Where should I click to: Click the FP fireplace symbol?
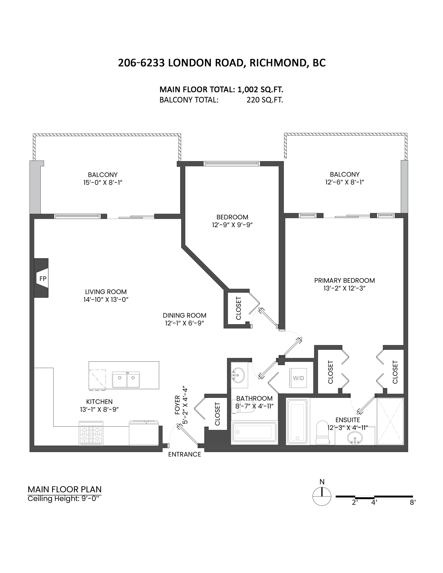(42, 278)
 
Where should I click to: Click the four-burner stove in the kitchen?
(91, 433)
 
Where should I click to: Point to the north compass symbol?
(322, 496)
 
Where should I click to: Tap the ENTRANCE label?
(184, 454)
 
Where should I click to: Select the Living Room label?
(106, 292)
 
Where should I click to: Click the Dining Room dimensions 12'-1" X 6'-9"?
(185, 323)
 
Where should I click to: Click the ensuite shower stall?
(390, 421)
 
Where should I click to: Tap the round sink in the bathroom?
(238, 374)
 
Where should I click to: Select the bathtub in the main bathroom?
(254, 433)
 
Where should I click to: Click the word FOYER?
(177, 405)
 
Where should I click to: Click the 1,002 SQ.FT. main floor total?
(260, 90)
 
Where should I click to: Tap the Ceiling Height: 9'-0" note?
(64, 499)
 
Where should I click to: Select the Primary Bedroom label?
(344, 281)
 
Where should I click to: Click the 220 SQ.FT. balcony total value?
(265, 100)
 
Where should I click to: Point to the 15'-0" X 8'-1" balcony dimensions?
(103, 183)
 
